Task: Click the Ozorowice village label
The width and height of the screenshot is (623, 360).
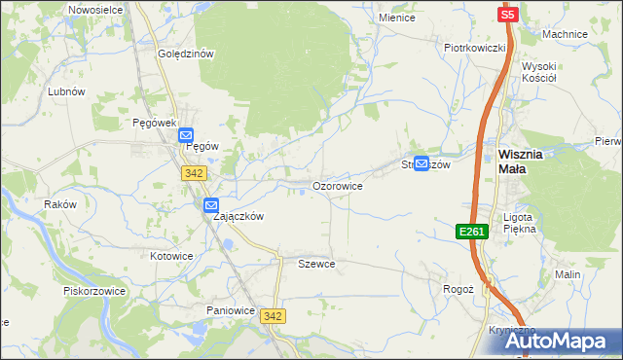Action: [337, 185]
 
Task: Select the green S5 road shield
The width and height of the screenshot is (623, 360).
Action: [508, 15]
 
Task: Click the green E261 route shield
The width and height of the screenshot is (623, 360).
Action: [471, 231]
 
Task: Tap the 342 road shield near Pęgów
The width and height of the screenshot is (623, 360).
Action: [192, 172]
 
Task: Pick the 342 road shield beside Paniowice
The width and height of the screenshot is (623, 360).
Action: [274, 316]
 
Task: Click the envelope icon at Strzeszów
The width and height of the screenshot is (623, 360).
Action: [421, 164]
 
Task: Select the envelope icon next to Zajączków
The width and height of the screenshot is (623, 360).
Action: [211, 205]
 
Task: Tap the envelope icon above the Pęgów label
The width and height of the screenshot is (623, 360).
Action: [186, 137]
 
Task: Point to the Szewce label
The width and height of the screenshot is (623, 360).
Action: [316, 264]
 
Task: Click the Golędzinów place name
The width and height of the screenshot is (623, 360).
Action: [185, 54]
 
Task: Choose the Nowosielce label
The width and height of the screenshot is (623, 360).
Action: [95, 9]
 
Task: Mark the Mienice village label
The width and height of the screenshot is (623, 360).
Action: [397, 18]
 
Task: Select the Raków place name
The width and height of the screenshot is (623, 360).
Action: [59, 204]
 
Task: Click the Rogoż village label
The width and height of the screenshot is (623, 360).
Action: [458, 289]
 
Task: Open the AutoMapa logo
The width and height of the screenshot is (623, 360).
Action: [559, 342]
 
